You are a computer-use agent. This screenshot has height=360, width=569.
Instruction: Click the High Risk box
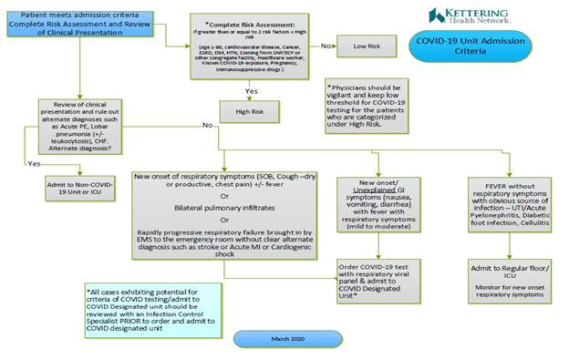(x=249, y=112)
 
